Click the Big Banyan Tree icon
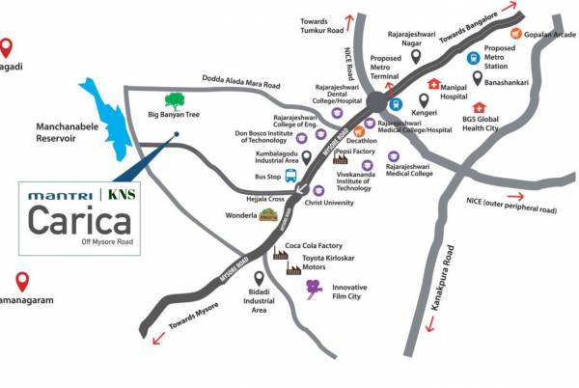coord(175,99)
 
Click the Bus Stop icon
coord(290,177)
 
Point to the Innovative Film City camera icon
coord(314,287)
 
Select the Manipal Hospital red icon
coord(433,84)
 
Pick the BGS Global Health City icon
coord(479,107)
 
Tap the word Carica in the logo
coord(79,221)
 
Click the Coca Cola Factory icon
coord(280,254)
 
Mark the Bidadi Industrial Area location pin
coord(259,278)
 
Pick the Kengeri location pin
coord(423,100)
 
